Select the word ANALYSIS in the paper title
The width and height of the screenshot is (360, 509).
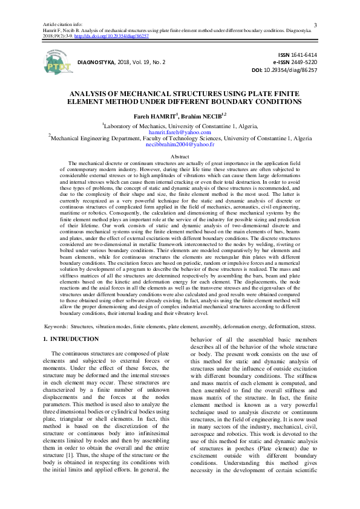[x=96, y=95]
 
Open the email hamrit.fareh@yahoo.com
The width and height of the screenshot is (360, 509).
[x=180, y=132]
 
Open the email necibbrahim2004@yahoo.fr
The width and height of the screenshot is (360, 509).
[x=180, y=145]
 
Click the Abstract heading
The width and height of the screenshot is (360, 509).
[x=180, y=157]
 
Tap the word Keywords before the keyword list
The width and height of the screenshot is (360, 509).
[x=56, y=326]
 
